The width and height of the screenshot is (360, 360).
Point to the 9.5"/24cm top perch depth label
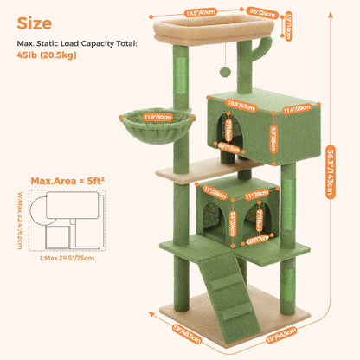pyautogui.click(x=255, y=13)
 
